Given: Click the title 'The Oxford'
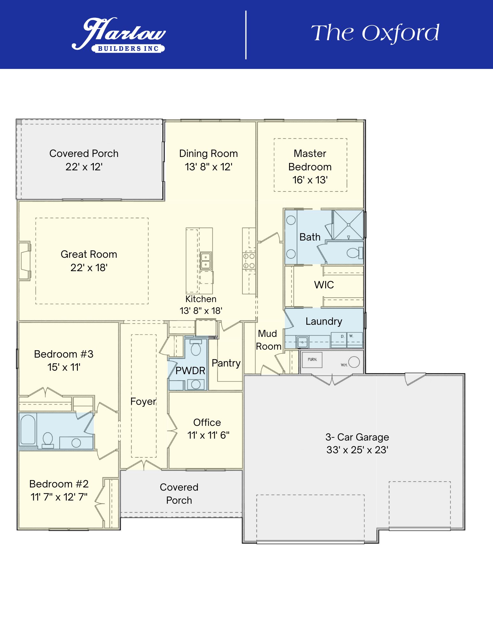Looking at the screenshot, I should coord(375,33).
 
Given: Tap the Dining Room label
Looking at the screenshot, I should coord(208,153).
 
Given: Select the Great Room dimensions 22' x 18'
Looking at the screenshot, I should coord(89,268).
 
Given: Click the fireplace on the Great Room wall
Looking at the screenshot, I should coord(25,261).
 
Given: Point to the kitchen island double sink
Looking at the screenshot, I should coord(205,261).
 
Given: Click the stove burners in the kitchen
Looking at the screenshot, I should coord(249,261).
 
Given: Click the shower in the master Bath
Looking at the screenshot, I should coord(348,225).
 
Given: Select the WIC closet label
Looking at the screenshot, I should coord(324,285).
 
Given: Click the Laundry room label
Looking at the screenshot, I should coord(324,321).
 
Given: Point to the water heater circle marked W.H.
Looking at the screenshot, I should coord(354,362).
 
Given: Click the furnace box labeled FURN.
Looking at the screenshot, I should coord(312,360).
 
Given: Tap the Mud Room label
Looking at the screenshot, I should coord(268,340).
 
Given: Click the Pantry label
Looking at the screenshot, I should coord(226,363).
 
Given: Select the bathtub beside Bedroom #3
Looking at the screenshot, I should coord(28,429).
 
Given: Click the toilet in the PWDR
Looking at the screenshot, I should coord(196,349).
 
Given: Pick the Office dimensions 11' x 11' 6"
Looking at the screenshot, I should coord(208,435).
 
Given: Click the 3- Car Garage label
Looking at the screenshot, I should coord(357,437).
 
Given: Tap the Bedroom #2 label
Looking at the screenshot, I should coord(59,484).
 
